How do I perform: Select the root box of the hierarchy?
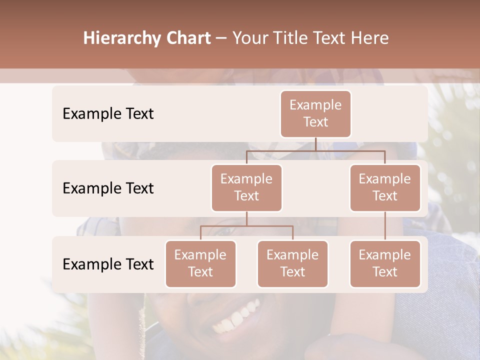coord(315,113)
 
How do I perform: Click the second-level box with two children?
coord(246,187)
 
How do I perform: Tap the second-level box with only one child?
coord(385,187)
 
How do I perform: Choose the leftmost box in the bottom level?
coord(200,263)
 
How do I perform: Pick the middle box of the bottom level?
coord(292,263)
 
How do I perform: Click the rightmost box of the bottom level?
coord(385,263)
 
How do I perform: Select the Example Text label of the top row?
coord(108,114)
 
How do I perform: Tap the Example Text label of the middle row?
coord(108,188)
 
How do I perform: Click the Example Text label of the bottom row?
coord(108,264)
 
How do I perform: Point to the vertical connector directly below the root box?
coord(315,144)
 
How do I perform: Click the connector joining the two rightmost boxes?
coord(385,225)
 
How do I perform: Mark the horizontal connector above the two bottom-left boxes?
coord(246,226)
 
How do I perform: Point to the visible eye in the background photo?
coord(224,231)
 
